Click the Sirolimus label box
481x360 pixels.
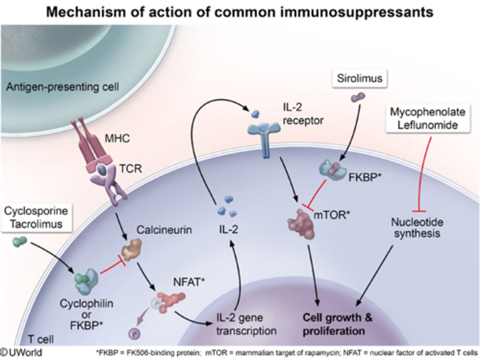coord(359,79)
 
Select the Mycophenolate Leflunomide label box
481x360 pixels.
coord(428,119)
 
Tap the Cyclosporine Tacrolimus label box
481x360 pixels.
coord(36,218)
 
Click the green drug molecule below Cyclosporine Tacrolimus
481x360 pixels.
coord(19,242)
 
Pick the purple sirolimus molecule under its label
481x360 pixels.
coord(358,98)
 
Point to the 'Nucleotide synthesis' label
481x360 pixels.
coord(417,228)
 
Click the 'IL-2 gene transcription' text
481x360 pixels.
coord(246,324)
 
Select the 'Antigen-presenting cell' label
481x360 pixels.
coord(62,87)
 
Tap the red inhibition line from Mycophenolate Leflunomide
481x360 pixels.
coord(423,174)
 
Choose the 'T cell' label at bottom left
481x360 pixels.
coord(40,339)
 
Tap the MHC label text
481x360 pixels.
coord(117,138)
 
